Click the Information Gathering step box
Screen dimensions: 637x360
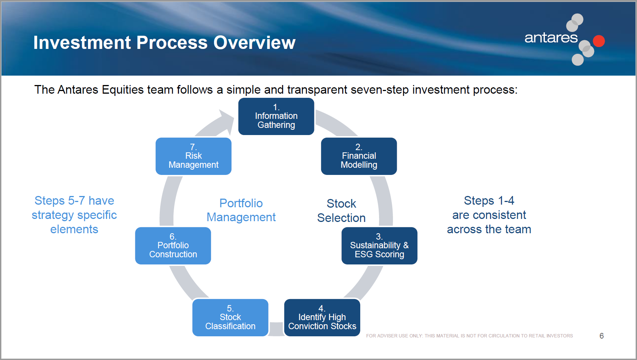pos(276,116)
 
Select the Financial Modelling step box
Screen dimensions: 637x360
pos(359,156)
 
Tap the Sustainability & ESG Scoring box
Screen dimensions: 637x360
pos(379,246)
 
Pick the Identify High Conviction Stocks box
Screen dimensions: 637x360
pos(322,317)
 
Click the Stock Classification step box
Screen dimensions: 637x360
pos(231,317)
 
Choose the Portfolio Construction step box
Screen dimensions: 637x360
pos(173,246)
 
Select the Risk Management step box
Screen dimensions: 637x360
pos(193,156)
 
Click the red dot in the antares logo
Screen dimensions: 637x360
pos(599,41)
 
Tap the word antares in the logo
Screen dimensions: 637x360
pos(551,38)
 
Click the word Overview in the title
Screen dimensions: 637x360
pos(255,43)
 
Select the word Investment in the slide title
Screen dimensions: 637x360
pos(82,43)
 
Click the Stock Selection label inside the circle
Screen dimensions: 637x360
pos(341,211)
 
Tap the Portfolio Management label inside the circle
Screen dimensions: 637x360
pos(241,210)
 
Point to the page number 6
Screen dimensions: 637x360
pos(601,336)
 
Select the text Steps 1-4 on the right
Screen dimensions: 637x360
pos(489,201)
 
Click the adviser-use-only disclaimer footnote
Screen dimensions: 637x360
pos(470,336)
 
